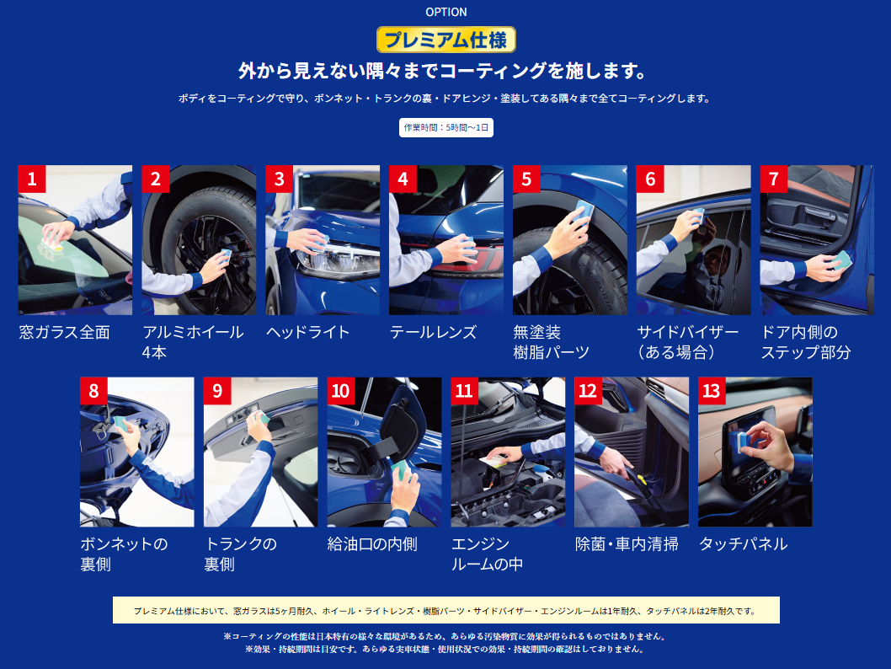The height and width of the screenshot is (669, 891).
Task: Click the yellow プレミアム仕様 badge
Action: (446, 40)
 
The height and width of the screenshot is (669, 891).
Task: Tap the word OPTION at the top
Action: (446, 12)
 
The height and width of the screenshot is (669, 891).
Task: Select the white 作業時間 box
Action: (446, 128)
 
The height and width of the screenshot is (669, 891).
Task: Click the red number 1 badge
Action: (32, 179)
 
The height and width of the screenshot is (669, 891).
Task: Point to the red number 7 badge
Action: (773, 179)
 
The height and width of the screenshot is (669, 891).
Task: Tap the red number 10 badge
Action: (340, 391)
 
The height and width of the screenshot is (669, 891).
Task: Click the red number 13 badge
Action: (712, 391)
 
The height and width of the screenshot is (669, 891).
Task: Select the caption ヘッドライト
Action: (308, 333)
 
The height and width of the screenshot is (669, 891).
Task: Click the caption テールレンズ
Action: (433, 333)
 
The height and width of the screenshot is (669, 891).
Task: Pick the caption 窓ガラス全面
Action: (64, 333)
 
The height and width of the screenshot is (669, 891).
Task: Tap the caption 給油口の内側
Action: (372, 544)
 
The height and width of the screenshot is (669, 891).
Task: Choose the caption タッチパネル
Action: (744, 544)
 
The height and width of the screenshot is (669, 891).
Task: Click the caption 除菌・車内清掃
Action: (627, 544)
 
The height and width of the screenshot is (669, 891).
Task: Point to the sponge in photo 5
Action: (584, 211)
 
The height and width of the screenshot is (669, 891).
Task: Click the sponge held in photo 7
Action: (841, 260)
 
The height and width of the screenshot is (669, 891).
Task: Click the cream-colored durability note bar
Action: (446, 611)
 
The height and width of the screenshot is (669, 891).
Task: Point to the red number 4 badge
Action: (403, 179)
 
